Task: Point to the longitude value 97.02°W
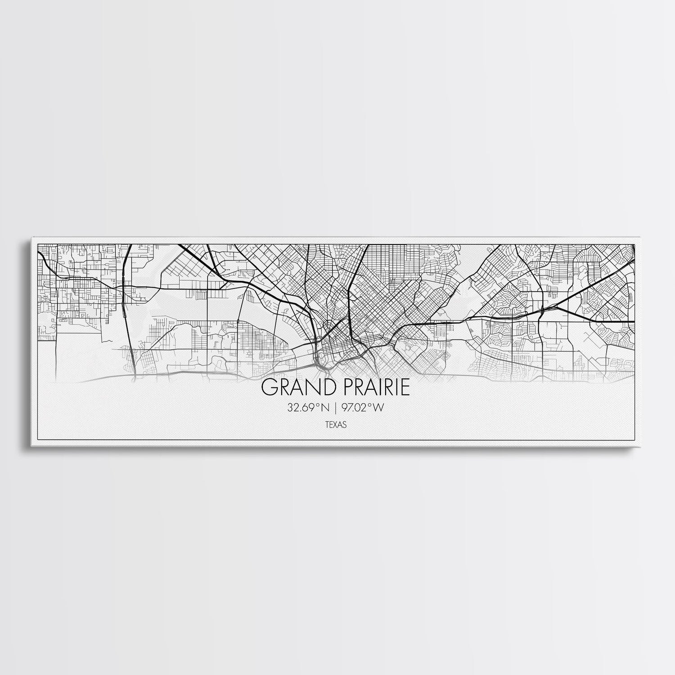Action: (x=363, y=408)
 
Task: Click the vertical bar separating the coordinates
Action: (x=335, y=408)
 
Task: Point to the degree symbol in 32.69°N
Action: (x=318, y=406)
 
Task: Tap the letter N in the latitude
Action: (x=324, y=408)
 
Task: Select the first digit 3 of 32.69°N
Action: (x=289, y=408)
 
